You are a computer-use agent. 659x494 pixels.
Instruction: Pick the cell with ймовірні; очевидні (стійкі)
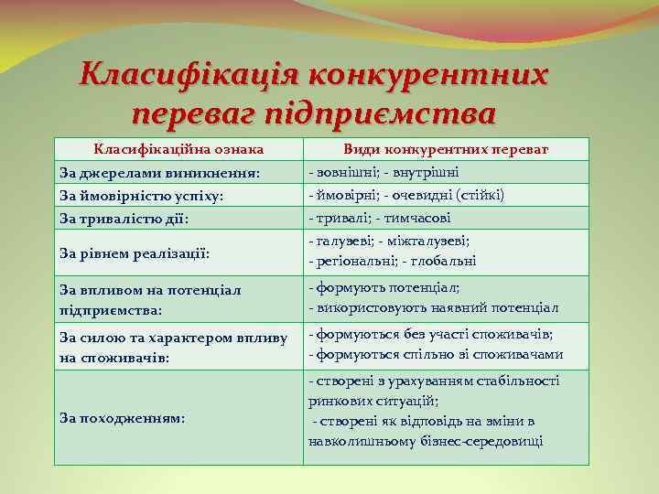point(406,195)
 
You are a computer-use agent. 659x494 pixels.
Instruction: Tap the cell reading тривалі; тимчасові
point(379,218)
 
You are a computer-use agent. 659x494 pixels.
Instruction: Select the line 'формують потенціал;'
point(384,287)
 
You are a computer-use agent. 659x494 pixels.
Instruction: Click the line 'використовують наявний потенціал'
point(434,308)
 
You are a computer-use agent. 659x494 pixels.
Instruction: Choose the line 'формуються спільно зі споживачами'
point(436,355)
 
